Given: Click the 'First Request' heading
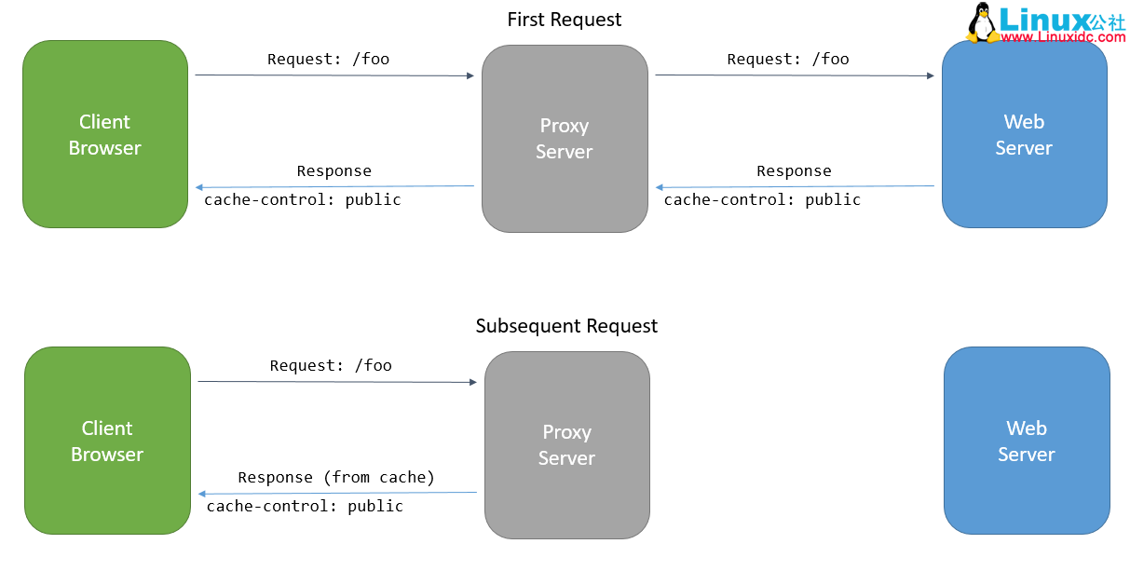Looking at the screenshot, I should tap(564, 20).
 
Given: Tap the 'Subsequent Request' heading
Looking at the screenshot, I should tap(566, 326).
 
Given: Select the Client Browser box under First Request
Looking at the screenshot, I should tap(105, 134).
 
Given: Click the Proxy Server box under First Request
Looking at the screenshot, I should tap(565, 139).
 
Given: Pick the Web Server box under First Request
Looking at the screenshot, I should tap(1024, 134).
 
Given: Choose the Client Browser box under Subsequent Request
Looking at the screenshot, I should tap(107, 441).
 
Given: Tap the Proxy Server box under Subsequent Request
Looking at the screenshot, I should tap(566, 444).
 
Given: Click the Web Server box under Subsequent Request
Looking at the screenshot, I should tap(1027, 441).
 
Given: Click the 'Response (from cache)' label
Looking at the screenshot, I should tap(336, 477).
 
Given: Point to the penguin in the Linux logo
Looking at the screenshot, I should tap(982, 23).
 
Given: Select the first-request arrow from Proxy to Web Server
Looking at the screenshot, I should tap(794, 75).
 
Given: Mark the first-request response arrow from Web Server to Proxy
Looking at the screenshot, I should tap(794, 186).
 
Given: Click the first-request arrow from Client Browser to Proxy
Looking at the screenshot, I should tap(334, 75).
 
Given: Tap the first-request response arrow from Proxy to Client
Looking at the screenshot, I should tap(334, 186).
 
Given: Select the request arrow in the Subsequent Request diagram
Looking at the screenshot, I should tap(336, 381).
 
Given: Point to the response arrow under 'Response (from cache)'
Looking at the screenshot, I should tap(336, 493).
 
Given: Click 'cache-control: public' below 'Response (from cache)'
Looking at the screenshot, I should tap(305, 506).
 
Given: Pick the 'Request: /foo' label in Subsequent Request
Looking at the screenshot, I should tap(331, 365).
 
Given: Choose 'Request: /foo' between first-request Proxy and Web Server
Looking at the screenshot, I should tap(788, 59).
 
